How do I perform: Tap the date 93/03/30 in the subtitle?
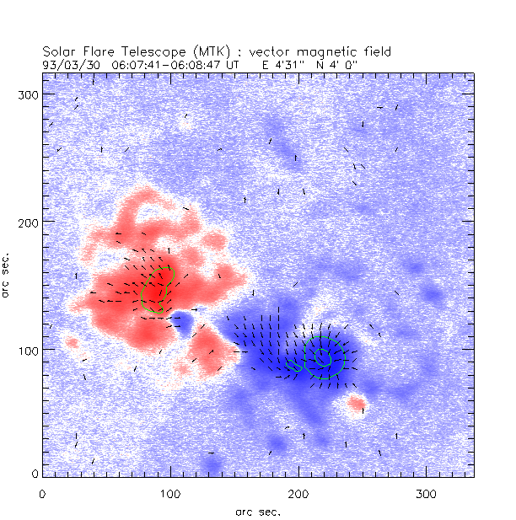pyautogui.click(x=68, y=63)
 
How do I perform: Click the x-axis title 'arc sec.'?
pyautogui.click(x=257, y=511)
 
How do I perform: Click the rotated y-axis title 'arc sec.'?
pyautogui.click(x=7, y=274)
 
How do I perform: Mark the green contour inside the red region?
pyautogui.click(x=156, y=291)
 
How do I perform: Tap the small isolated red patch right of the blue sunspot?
pyautogui.click(x=357, y=405)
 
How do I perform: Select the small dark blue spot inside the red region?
pyautogui.click(x=180, y=320)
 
